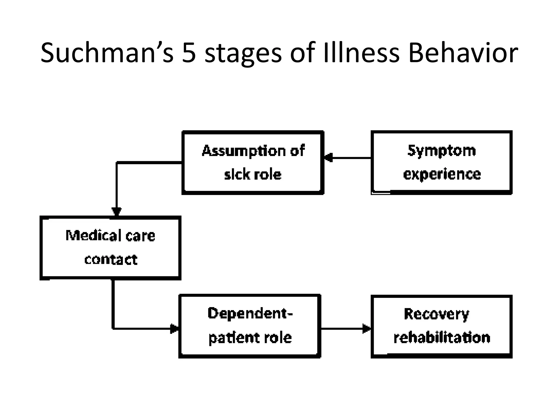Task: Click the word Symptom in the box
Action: point(441,151)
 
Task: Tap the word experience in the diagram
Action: point(442,174)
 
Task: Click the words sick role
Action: point(252,175)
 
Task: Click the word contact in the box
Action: point(111,259)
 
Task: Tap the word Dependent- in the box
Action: point(250,313)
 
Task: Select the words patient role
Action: point(250,338)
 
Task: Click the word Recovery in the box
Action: point(436,314)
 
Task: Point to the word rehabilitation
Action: point(442,338)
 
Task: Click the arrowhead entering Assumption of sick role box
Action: point(328,158)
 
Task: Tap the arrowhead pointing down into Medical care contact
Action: point(117,212)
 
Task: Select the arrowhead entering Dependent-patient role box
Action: point(174,329)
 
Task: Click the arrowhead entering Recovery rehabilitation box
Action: point(366,329)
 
